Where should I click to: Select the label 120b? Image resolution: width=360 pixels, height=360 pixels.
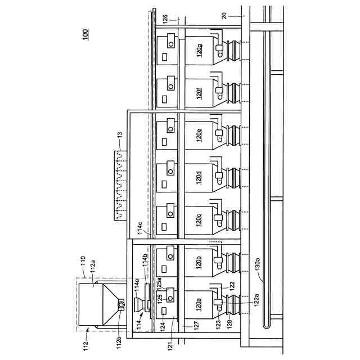199,263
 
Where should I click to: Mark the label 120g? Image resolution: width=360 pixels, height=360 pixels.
199,52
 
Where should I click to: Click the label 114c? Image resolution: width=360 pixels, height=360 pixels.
141,228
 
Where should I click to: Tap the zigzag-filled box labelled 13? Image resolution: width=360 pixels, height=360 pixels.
120,186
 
